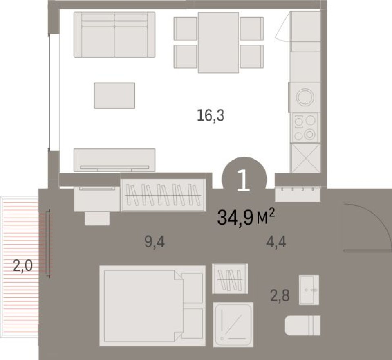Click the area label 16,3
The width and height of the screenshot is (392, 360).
(211, 116)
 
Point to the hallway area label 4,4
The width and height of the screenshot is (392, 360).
(276, 243)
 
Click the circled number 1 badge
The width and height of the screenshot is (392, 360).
(244, 180)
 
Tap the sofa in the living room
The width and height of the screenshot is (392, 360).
(114, 35)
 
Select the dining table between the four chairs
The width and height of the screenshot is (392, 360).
(218, 43)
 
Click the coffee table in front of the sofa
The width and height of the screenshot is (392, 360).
(114, 95)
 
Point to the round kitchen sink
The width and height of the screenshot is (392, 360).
(304, 97)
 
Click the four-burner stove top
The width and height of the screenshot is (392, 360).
(305, 127)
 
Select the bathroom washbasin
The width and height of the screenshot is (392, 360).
(309, 290)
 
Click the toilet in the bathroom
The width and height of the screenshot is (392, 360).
(303, 325)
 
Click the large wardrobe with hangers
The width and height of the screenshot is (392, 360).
(163, 195)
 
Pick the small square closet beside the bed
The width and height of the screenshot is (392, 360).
(230, 279)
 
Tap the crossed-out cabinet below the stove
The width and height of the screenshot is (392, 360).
(305, 157)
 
